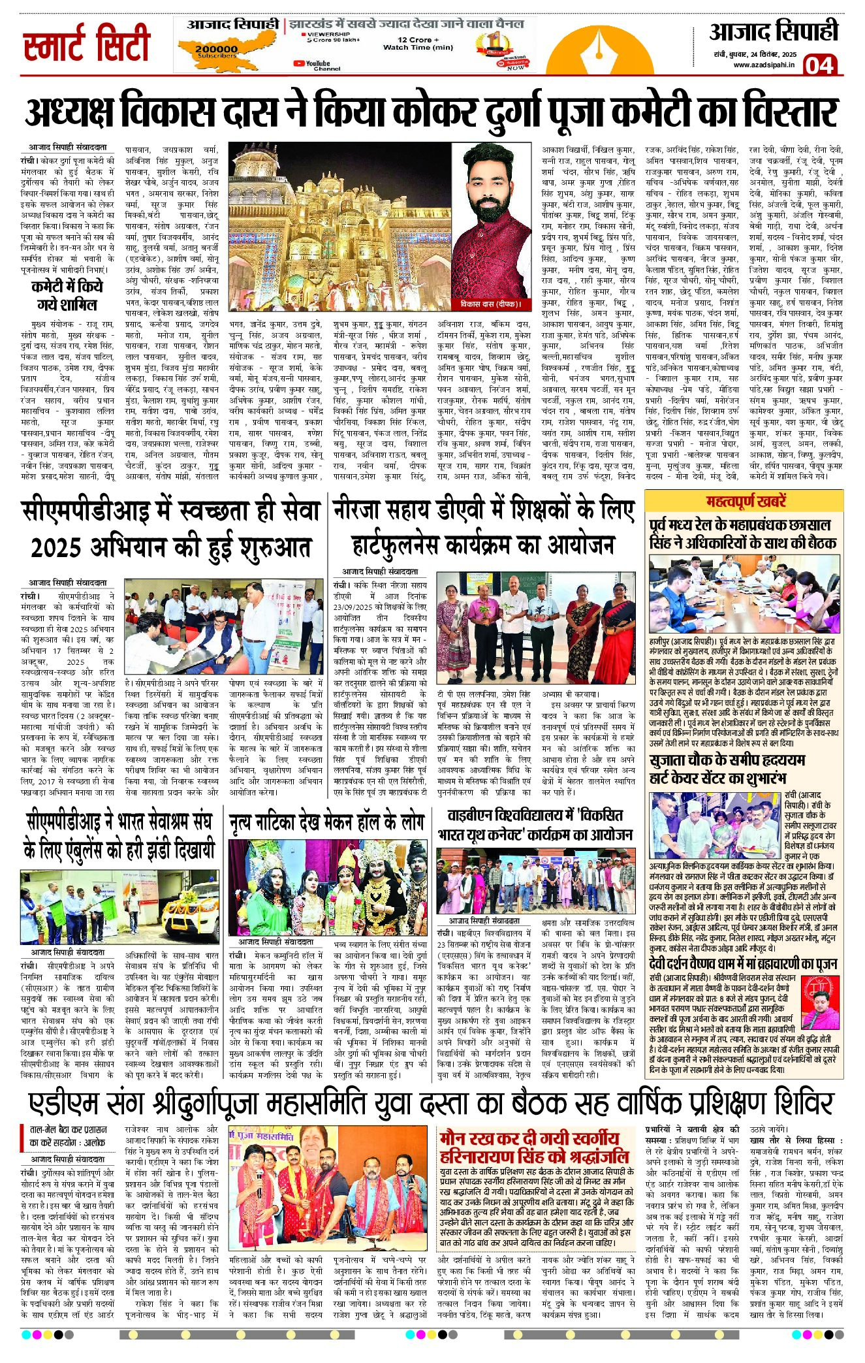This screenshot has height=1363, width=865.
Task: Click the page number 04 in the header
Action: tap(819, 65)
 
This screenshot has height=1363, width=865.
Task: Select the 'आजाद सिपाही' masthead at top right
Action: tap(773, 31)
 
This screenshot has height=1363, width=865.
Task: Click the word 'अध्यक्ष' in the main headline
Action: tap(71, 112)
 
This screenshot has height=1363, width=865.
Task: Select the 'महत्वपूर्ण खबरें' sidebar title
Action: tap(746, 502)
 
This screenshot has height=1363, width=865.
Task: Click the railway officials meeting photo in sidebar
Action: tap(744, 594)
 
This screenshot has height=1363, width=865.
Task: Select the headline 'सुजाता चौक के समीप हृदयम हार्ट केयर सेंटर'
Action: tap(727, 769)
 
